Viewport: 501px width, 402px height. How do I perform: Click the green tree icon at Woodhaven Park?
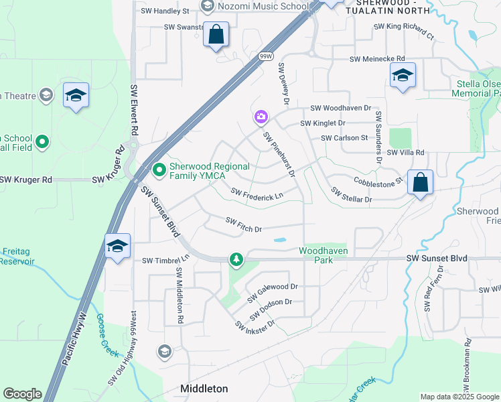tap(236, 259)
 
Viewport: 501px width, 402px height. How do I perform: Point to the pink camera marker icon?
tap(261, 117)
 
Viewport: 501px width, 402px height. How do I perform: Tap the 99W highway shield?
tap(267, 58)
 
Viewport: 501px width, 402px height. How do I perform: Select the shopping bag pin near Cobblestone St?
tap(420, 183)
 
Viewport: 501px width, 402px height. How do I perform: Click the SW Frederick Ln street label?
tap(257, 194)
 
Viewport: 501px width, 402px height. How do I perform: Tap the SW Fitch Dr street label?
tap(243, 224)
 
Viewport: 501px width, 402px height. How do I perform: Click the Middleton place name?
tap(204, 389)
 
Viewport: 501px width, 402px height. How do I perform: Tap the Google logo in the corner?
tap(23, 394)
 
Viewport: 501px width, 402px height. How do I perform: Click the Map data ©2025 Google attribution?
tap(460, 397)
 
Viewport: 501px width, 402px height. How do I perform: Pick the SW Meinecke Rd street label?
tap(377, 59)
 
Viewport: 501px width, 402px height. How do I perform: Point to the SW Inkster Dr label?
tap(255, 325)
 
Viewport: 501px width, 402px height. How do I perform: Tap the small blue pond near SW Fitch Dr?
tap(280, 240)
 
